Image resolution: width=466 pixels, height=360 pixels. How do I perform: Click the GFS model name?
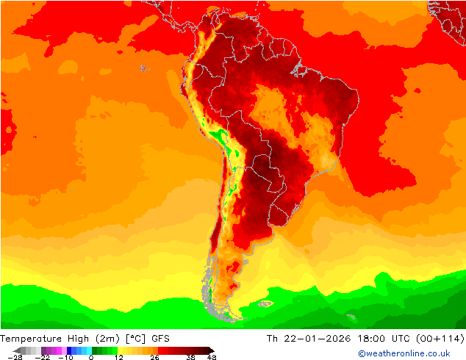[x=161, y=339]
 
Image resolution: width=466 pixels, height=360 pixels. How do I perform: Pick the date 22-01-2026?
[x=318, y=339]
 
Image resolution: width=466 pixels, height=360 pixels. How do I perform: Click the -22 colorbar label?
[x=42, y=357]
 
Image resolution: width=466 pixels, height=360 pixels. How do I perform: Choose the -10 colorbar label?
[x=65, y=357]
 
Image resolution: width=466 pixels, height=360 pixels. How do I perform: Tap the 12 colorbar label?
[x=118, y=357]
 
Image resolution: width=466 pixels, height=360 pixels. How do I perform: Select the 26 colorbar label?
[x=154, y=357]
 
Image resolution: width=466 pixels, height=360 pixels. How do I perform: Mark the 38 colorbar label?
[x=190, y=357]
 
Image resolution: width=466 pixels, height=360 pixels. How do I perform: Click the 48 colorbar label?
[x=212, y=357]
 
